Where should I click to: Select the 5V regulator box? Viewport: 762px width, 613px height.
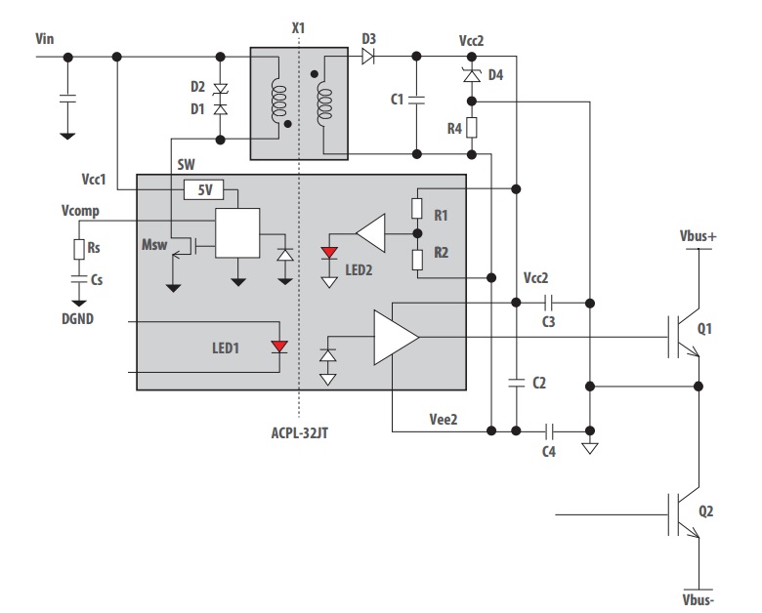(x=204, y=188)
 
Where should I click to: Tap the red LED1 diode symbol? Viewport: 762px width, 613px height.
(x=280, y=347)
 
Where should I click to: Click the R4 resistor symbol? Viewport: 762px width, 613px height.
(x=471, y=127)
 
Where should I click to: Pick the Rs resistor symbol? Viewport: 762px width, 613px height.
(x=78, y=249)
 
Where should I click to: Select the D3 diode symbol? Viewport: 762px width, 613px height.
(x=368, y=57)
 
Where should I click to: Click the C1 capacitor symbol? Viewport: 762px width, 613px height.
(x=416, y=99)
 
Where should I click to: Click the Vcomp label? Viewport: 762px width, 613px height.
(x=79, y=211)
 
